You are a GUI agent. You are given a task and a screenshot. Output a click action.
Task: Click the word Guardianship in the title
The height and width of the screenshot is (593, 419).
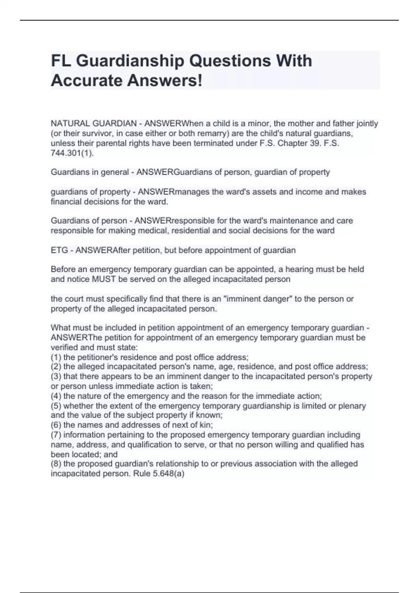(130, 61)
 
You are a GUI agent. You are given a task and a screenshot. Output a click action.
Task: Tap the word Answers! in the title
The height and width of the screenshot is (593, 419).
(164, 81)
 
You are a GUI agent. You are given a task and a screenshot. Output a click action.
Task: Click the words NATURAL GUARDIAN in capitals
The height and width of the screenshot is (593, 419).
(94, 123)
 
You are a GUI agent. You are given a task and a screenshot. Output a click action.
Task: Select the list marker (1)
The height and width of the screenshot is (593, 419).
(56, 357)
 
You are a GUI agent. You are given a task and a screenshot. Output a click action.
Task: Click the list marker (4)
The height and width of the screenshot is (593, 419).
(56, 396)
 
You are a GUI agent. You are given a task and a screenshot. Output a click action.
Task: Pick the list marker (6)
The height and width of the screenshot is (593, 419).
(56, 425)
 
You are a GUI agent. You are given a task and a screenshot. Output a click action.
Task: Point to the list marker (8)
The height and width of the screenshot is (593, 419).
(56, 464)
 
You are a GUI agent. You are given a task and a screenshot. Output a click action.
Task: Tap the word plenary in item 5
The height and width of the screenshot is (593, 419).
(352, 406)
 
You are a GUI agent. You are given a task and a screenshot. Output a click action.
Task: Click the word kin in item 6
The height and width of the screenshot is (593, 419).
(206, 425)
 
